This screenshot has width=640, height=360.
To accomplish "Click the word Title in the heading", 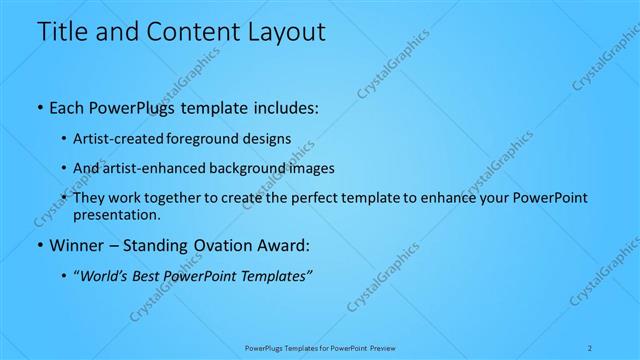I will (58, 32).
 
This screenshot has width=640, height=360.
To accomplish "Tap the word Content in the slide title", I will (187, 32).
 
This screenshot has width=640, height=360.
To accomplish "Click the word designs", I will (268, 139).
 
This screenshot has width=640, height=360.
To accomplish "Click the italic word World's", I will (103, 276).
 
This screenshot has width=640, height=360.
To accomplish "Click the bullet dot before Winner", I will (38, 245).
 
